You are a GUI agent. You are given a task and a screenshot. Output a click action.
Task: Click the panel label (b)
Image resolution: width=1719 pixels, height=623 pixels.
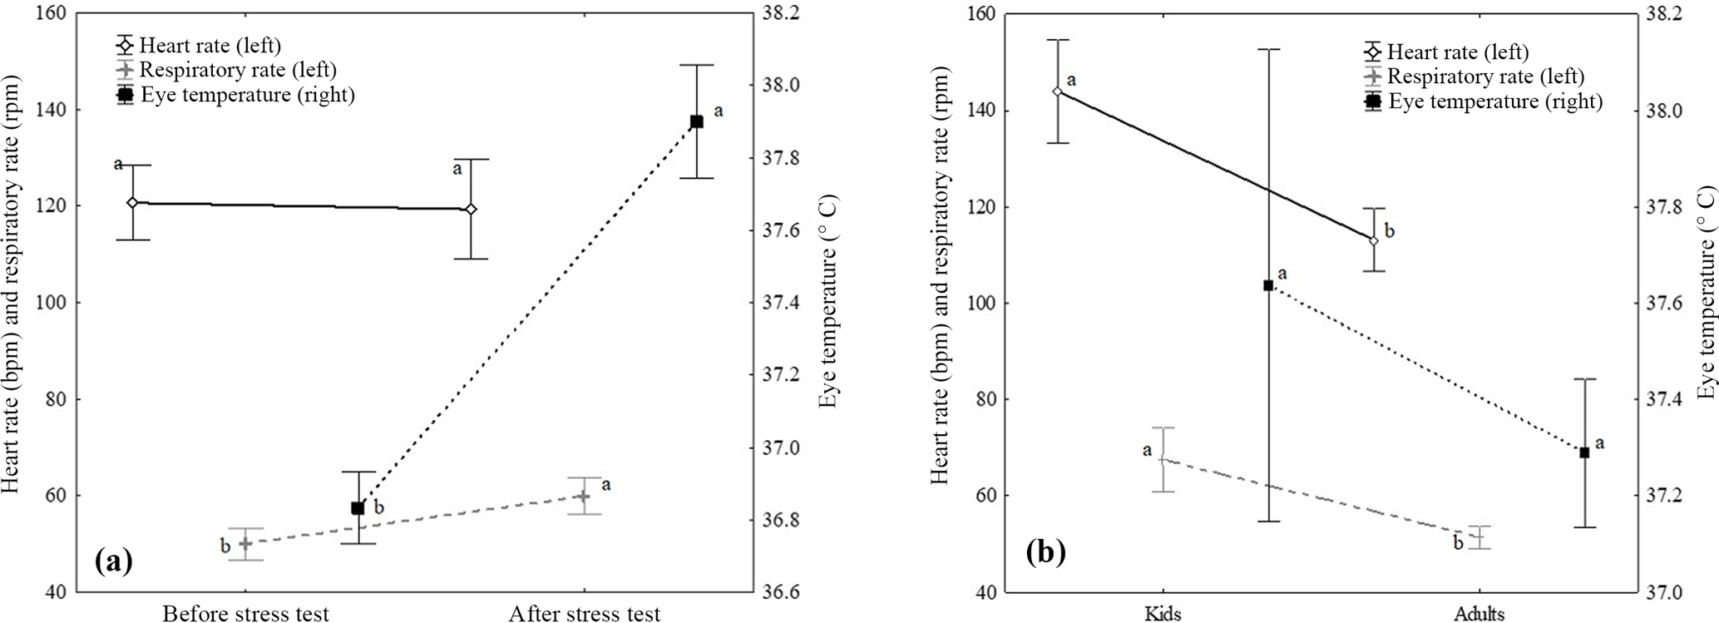coord(1045,552)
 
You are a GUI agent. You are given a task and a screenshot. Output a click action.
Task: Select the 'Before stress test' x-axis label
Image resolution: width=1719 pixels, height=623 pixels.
coord(245,614)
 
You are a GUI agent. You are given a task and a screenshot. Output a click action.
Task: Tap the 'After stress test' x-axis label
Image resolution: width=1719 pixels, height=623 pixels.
coord(585,614)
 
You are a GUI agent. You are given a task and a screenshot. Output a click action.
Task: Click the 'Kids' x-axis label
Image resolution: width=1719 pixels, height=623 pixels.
coord(1163,614)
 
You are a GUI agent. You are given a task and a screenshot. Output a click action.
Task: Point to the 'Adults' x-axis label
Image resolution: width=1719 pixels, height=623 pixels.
coord(1479,614)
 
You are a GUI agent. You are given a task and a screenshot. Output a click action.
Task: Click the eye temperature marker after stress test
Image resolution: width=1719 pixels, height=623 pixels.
coord(697,121)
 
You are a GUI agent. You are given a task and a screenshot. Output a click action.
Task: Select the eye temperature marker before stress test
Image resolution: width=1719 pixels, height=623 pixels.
coord(358,507)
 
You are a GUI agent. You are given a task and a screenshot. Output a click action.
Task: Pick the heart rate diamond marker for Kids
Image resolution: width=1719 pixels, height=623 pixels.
coord(1057,91)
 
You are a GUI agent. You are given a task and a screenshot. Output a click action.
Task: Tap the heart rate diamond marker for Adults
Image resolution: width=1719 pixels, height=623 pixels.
coord(1373,240)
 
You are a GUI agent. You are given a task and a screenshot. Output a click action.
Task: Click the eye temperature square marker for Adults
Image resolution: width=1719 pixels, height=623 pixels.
coord(1584,452)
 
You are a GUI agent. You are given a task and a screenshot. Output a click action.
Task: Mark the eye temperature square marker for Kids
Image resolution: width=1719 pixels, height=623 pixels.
coord(1268,285)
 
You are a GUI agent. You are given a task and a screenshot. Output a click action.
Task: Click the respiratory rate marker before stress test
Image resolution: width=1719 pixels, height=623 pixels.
coord(245,543)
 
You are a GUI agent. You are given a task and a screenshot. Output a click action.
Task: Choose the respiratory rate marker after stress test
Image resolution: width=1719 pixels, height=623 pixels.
coord(584,496)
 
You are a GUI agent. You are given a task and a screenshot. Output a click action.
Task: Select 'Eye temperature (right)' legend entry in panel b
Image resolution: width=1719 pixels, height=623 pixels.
coord(1494,101)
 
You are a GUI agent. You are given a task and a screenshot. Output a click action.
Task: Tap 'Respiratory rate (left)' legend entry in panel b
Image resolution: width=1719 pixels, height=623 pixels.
coord(1485,77)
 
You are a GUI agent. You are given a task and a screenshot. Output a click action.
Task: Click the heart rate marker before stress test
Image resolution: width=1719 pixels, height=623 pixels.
coord(132,202)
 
